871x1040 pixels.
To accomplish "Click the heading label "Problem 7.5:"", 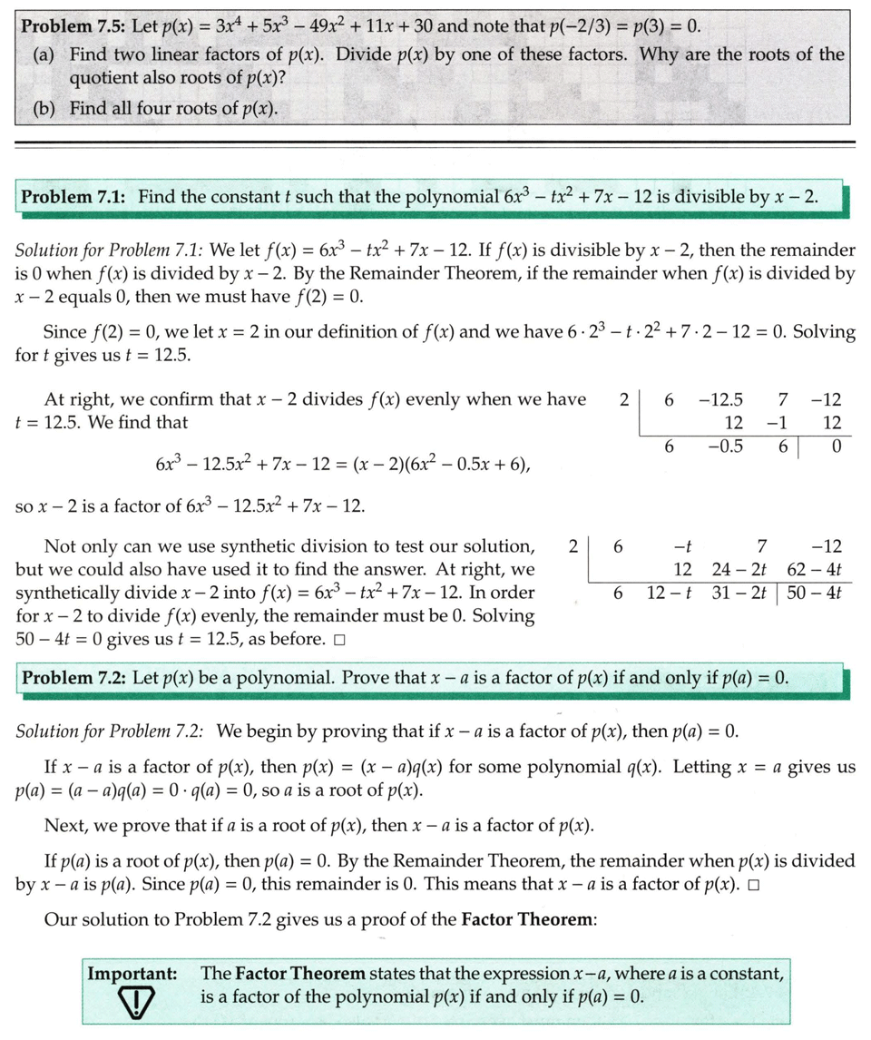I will (x=73, y=25).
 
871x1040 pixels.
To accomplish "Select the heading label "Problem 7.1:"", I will (x=73, y=197).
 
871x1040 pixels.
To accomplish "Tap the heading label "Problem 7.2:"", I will (x=73, y=678).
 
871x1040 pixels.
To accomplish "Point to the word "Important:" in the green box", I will (x=132, y=975).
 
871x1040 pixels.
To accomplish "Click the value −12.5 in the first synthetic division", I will (x=722, y=399).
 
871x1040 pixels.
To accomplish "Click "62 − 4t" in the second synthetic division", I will (x=814, y=570).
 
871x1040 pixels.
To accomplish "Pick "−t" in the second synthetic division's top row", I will (x=683, y=546).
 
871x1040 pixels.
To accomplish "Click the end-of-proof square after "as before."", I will (x=338, y=640).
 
